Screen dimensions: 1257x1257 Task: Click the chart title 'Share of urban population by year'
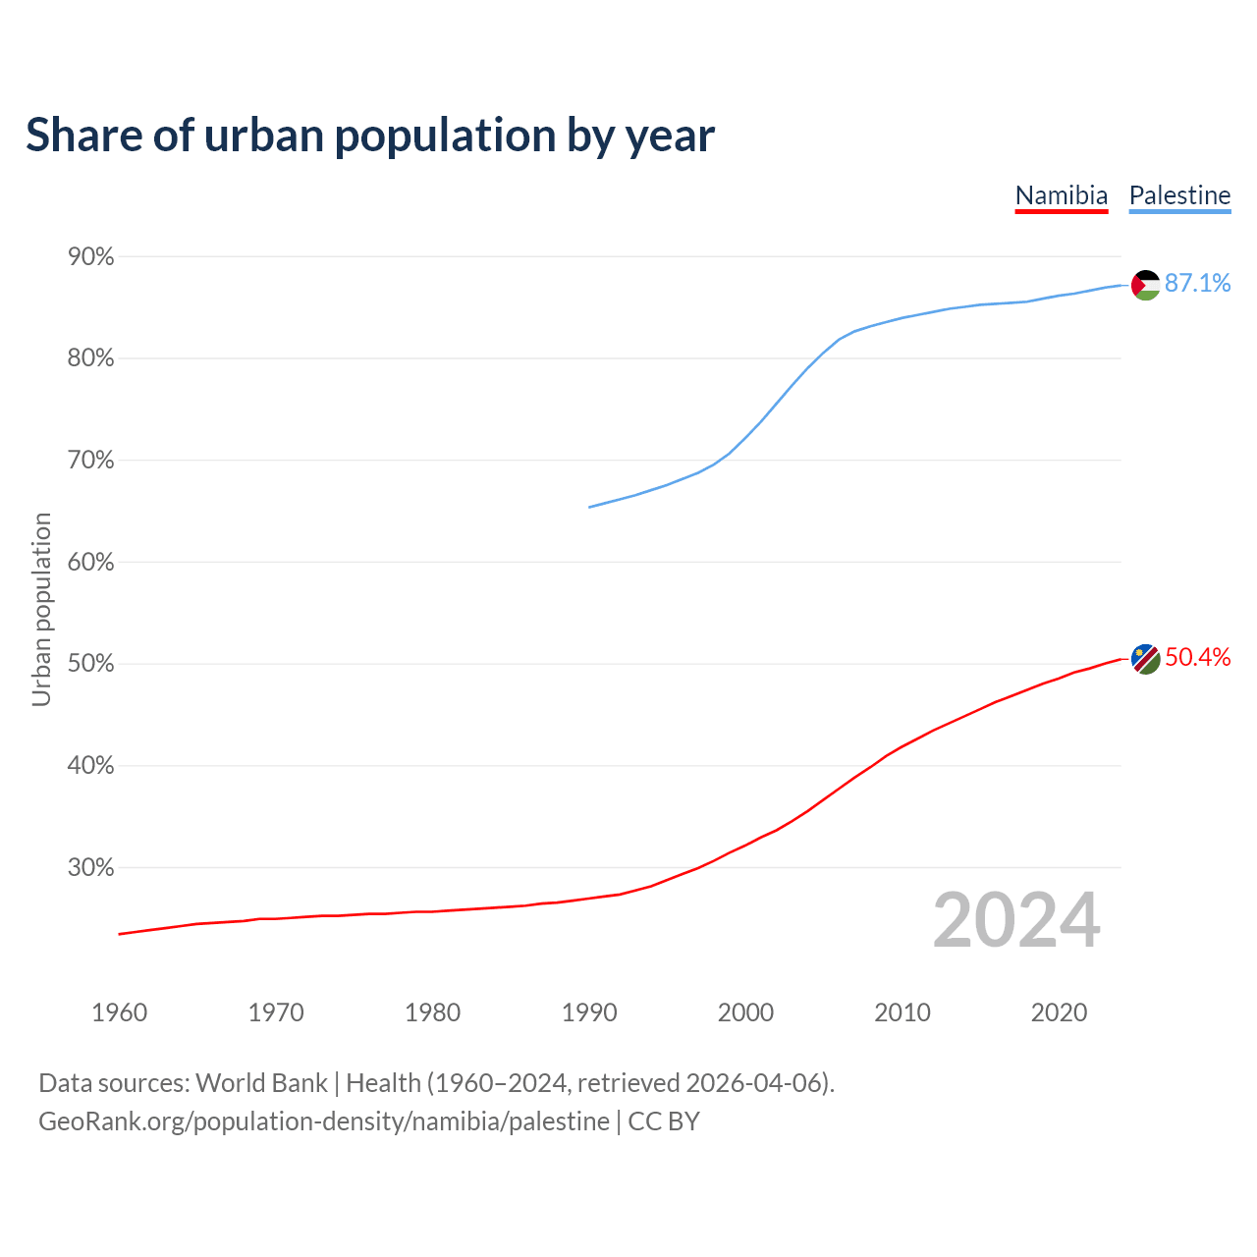(x=370, y=136)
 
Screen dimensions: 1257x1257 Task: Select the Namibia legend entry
(x=1061, y=195)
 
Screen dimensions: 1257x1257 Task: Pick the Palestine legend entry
(x=1179, y=195)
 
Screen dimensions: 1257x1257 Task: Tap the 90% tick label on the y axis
(x=91, y=257)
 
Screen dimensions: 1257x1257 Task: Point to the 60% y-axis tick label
(x=91, y=563)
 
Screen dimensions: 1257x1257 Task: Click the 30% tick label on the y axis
(x=91, y=868)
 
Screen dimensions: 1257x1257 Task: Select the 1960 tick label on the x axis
(x=119, y=1012)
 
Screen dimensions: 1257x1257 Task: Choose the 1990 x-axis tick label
(x=589, y=1012)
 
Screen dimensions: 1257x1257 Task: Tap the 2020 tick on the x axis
(x=1059, y=1012)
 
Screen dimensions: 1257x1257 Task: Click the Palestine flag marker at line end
(x=1146, y=285)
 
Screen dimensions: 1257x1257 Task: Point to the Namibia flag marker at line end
(x=1146, y=659)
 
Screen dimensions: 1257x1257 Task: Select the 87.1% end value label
(x=1197, y=284)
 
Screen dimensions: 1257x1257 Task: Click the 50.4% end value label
(x=1197, y=658)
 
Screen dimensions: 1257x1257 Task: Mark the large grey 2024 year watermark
(x=1016, y=920)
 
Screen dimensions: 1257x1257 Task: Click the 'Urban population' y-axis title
(x=41, y=609)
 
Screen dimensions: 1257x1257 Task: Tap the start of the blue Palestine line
(x=589, y=507)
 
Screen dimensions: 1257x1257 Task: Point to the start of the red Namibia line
(x=120, y=934)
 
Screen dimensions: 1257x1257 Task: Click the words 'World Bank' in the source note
(x=261, y=1083)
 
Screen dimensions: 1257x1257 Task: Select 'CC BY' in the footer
(x=664, y=1121)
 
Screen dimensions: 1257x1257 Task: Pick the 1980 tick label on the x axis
(x=432, y=1012)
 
